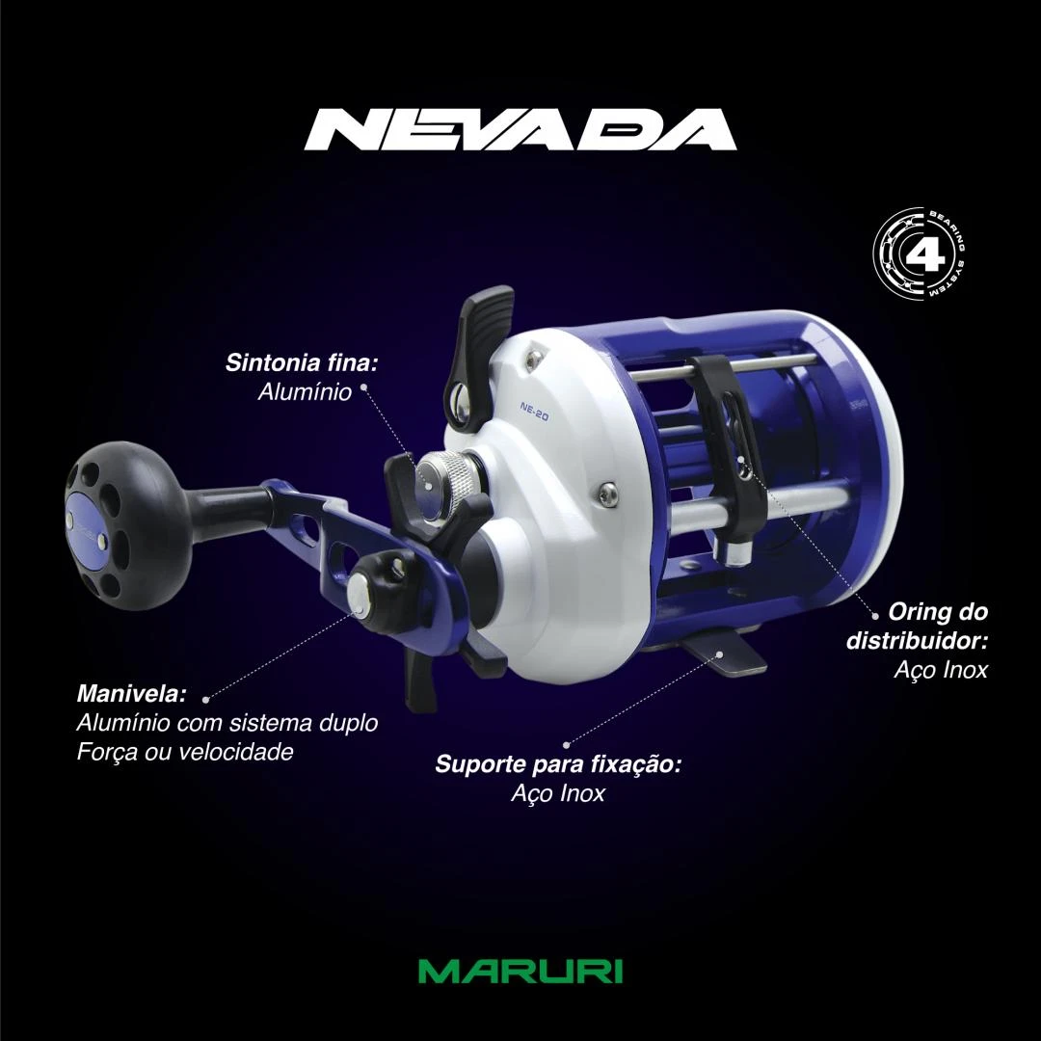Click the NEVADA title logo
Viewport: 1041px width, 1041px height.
(x=520, y=129)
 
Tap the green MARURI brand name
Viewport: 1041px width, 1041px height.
(x=520, y=972)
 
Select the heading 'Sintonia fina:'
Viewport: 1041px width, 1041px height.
(x=302, y=362)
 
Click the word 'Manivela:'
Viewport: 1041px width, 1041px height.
(x=131, y=694)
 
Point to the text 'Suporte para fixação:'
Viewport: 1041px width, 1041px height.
(x=558, y=764)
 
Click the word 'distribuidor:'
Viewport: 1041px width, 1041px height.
(x=917, y=641)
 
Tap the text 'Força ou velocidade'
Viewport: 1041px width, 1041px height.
(x=185, y=752)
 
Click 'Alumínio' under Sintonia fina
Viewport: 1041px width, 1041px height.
(x=305, y=391)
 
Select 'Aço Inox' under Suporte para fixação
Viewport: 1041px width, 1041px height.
(x=558, y=793)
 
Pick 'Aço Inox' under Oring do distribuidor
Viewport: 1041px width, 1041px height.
(x=942, y=669)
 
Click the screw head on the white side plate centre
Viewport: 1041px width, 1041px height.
(x=607, y=492)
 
